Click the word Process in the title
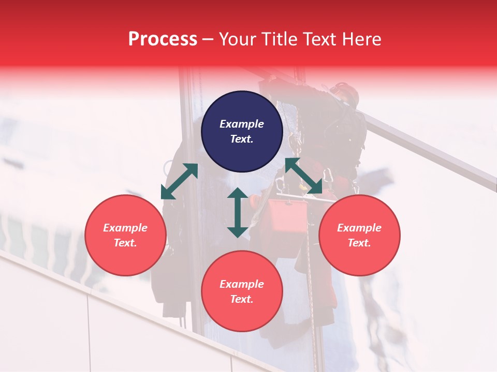pos(163,39)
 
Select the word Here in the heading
pos(360,39)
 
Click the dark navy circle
pos(242,131)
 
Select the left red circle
pos(125,235)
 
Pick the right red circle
pos(359,235)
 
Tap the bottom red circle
pos(242,291)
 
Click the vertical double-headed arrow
pos(238,212)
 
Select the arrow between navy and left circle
pos(180,181)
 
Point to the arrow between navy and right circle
pos(303,176)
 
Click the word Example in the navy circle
pos(242,124)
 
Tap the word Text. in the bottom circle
pos(242,299)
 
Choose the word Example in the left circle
pos(125,228)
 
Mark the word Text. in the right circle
pos(359,243)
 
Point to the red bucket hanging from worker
pos(288,215)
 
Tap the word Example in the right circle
pos(359,228)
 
